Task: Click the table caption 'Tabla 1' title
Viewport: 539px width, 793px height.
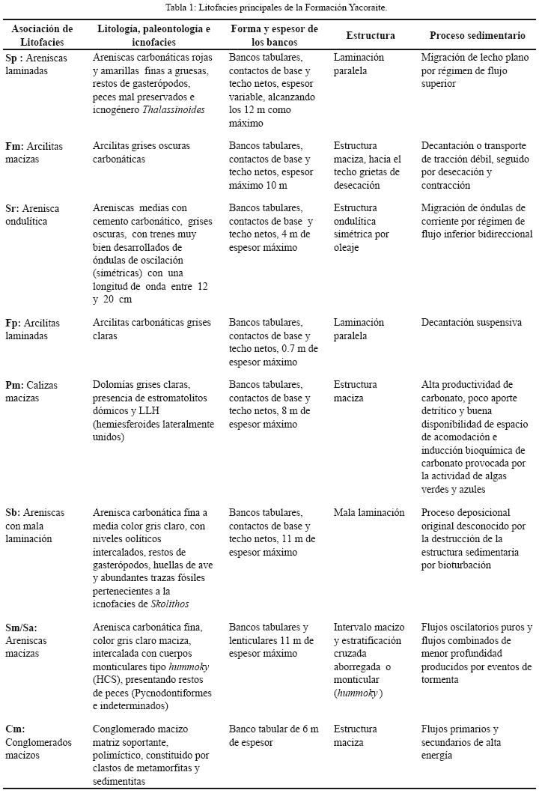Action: tap(269, 7)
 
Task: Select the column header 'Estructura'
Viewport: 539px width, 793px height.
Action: tap(370, 35)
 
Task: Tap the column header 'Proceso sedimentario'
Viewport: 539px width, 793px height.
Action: tap(477, 35)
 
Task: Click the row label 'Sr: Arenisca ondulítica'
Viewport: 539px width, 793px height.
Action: tap(37, 214)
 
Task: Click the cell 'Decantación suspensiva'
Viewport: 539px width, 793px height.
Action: tap(471, 323)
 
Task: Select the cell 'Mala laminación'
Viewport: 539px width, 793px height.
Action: tap(369, 513)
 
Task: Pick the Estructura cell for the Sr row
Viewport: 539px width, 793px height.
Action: tap(367, 227)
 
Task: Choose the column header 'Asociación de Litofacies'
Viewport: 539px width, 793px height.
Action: tap(42, 35)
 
